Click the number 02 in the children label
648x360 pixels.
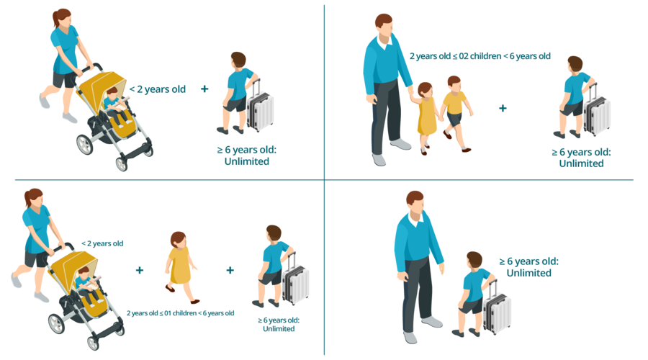pyautogui.click(x=463, y=56)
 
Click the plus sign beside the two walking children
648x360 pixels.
pyautogui.click(x=503, y=108)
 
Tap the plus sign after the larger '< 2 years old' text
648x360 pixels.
pyautogui.click(x=204, y=89)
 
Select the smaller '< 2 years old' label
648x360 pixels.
pyautogui.click(x=102, y=243)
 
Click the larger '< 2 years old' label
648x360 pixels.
pyautogui.click(x=158, y=89)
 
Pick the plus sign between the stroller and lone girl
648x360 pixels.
pyautogui.click(x=140, y=270)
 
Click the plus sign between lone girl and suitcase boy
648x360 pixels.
pyautogui.click(x=230, y=270)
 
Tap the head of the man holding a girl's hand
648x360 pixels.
pyautogui.click(x=384, y=27)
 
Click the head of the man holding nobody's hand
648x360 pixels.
pyautogui.click(x=415, y=203)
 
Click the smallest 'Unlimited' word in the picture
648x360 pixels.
pyautogui.click(x=279, y=329)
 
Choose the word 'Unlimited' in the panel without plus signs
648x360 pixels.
pyautogui.click(x=529, y=273)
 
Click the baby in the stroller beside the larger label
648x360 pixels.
pyautogui.click(x=115, y=106)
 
